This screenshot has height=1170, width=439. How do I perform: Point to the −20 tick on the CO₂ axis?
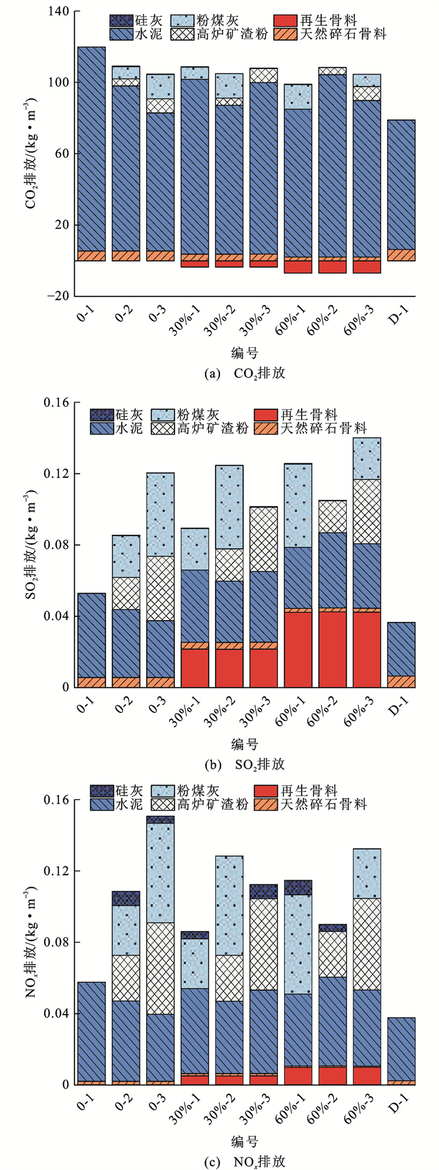[x=58, y=296]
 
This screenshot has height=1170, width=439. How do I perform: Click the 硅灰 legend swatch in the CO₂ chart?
[x=120, y=21]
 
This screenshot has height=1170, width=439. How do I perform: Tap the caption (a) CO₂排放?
[x=245, y=373]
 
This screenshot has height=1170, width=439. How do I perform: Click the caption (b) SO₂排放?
[x=245, y=764]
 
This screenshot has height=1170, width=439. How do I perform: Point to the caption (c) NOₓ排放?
[x=245, y=1161]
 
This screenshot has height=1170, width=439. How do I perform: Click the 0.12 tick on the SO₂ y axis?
[x=56, y=473]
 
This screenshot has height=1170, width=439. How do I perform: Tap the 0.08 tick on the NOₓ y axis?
[x=56, y=942]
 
